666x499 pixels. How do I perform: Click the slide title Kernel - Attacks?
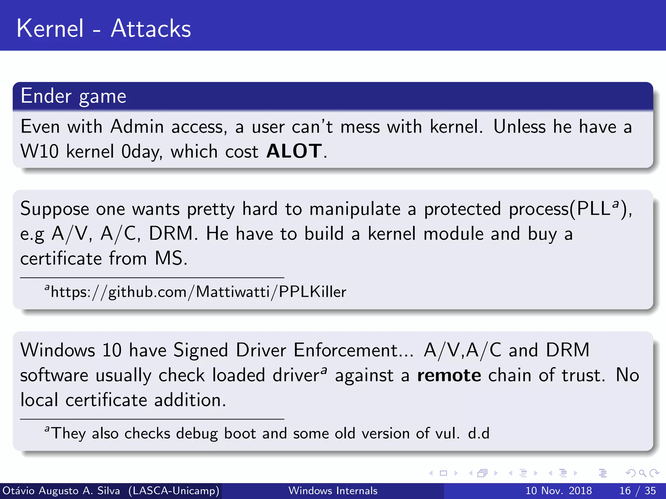click(103, 29)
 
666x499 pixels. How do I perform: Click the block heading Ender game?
click(73, 96)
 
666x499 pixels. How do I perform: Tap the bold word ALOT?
click(294, 151)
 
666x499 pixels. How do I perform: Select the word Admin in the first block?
click(137, 127)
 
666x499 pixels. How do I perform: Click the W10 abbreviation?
click(39, 151)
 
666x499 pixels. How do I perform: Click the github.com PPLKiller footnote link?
click(198, 292)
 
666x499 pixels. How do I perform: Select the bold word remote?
click(449, 376)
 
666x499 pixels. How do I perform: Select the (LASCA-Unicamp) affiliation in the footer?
click(174, 491)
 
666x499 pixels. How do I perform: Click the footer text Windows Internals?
click(333, 491)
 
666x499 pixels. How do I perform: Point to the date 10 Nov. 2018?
click(558, 491)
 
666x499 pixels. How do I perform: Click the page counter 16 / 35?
click(637, 491)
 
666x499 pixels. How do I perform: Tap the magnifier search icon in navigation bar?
click(642, 473)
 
